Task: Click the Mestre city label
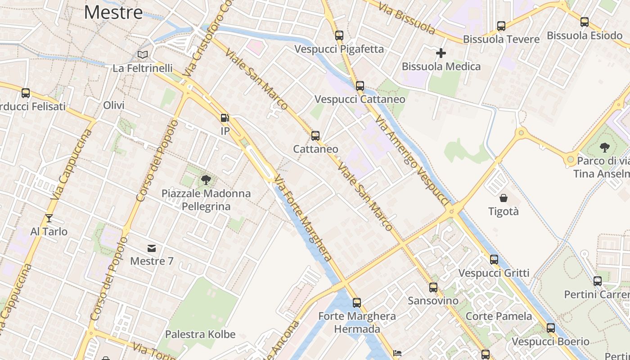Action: [113, 12]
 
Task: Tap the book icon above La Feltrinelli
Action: [143, 55]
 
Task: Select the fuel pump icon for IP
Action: [225, 118]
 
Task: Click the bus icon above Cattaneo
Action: [315, 135]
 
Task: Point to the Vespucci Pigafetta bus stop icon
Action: [339, 36]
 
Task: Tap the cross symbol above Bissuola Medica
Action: [441, 53]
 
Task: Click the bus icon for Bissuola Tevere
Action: [501, 26]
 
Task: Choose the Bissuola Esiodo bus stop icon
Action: [585, 22]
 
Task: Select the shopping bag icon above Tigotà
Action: [504, 198]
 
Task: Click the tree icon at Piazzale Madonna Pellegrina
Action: [206, 180]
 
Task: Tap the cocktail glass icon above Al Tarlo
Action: [49, 219]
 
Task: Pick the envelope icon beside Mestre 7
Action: [152, 248]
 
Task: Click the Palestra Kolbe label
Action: [200, 334]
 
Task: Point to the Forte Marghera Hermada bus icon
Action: [357, 302]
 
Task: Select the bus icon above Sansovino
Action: [433, 287]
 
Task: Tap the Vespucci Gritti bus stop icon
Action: [494, 260]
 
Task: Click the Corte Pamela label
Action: [499, 316]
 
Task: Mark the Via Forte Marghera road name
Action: [304, 218]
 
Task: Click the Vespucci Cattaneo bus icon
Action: [360, 86]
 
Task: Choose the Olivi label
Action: [114, 105]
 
